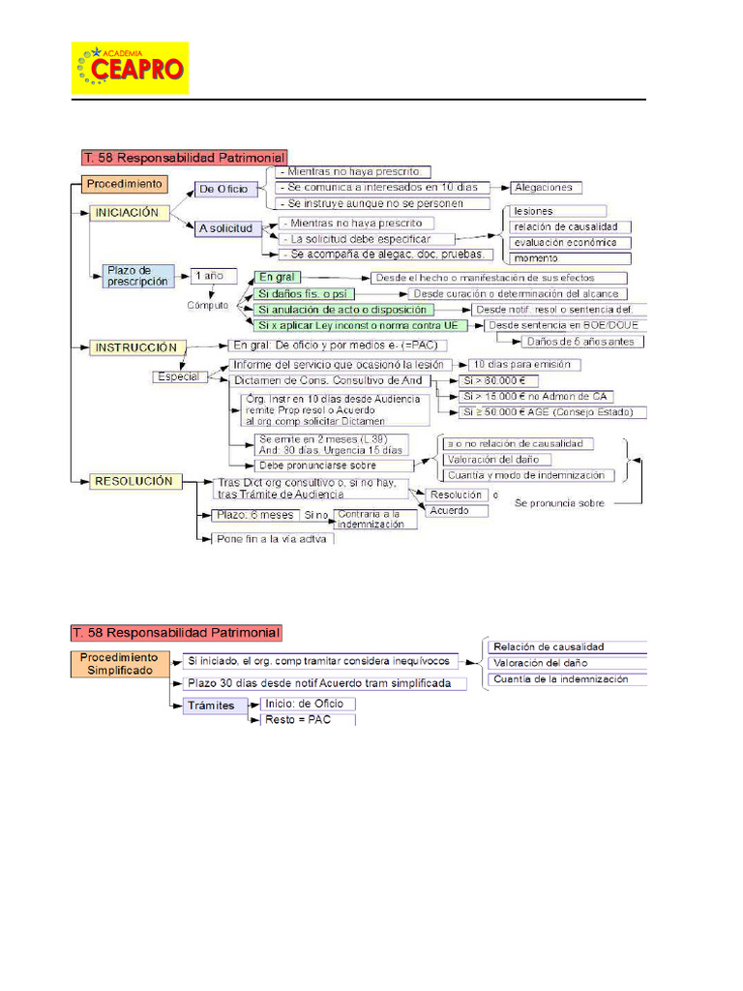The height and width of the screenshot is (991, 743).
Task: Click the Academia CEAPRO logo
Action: [x=130, y=68]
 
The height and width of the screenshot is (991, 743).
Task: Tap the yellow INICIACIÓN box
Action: [x=131, y=213]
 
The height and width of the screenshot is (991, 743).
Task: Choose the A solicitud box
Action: [x=227, y=228]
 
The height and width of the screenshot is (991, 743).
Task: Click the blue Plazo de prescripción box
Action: [x=139, y=276]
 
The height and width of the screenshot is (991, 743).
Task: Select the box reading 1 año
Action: [x=209, y=275]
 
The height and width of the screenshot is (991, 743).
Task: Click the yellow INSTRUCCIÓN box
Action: [x=134, y=346]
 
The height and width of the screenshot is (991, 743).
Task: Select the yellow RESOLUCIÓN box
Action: [x=134, y=481]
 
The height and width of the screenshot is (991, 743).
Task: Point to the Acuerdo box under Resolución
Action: [x=450, y=510]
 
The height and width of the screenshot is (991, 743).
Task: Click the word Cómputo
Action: [x=208, y=304]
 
